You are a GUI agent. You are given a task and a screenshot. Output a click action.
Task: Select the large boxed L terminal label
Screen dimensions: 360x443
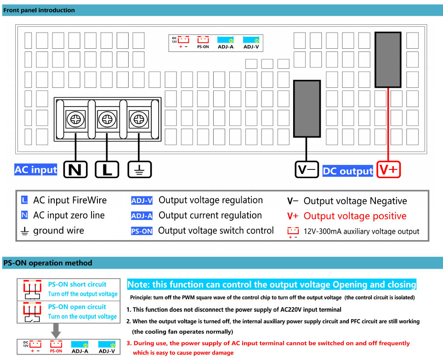click(x=107, y=170)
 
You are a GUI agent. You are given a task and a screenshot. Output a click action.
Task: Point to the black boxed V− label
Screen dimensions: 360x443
click(x=307, y=170)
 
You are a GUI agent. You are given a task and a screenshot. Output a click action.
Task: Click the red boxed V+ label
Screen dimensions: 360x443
click(x=389, y=170)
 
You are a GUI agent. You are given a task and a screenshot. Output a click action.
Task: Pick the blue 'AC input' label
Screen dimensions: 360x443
click(x=36, y=169)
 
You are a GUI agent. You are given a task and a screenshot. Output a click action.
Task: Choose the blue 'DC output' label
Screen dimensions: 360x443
click(x=347, y=171)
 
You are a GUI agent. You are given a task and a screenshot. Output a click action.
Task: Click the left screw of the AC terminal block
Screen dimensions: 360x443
click(x=75, y=120)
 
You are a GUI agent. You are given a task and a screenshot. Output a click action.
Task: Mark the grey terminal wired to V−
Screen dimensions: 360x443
click(x=307, y=108)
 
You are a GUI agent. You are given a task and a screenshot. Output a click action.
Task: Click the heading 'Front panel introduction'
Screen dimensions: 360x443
click(x=39, y=10)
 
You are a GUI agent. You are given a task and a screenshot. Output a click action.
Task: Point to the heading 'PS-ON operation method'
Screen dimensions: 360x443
click(x=47, y=263)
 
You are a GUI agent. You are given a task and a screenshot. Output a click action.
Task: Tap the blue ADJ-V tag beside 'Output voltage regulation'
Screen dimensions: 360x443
click(x=142, y=201)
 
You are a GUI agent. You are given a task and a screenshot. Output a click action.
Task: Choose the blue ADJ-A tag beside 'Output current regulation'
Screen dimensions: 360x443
click(x=142, y=216)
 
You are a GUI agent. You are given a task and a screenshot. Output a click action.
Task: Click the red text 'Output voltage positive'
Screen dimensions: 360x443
click(x=355, y=216)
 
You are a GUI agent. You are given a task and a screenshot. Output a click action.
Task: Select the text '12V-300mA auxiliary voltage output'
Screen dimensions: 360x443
click(x=362, y=231)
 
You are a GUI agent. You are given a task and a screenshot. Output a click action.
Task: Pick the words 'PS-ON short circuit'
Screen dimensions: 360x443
click(x=77, y=284)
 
